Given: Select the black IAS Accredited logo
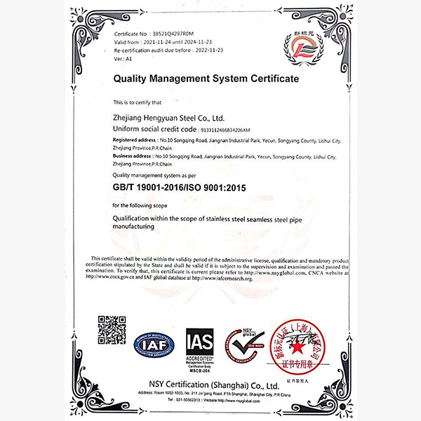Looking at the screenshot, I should [x=199, y=343].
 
